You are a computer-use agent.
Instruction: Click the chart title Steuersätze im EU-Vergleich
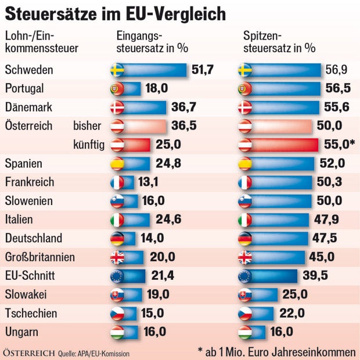tap(116, 13)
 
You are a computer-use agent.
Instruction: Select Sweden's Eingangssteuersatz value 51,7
tap(203, 70)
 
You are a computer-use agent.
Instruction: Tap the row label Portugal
tap(24, 89)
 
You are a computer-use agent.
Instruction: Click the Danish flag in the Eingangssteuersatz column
tap(117, 107)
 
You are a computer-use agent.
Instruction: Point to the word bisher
tap(88, 126)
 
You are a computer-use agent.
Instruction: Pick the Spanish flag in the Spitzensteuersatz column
tap(245, 163)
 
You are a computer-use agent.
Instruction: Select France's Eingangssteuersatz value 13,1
tap(149, 182)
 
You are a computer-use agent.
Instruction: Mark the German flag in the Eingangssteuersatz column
tap(117, 238)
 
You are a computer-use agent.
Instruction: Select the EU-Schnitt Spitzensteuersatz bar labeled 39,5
tap(276, 275)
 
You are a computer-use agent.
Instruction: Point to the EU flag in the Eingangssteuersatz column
tap(117, 275)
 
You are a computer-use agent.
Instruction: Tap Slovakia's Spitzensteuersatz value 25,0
tap(294, 294)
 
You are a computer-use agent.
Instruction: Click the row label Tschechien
tap(31, 313)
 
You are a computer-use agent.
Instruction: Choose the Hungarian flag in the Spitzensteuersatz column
tap(245, 332)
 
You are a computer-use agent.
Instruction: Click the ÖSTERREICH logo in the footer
tap(29, 352)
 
